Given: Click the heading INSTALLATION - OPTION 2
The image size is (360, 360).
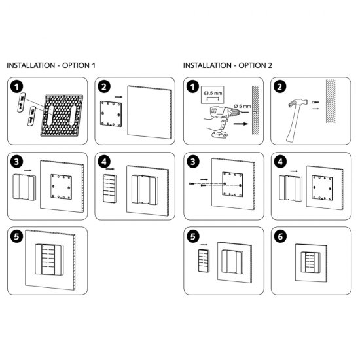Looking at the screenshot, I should [x=227, y=66].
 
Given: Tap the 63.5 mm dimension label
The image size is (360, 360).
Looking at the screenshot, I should [x=213, y=93].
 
